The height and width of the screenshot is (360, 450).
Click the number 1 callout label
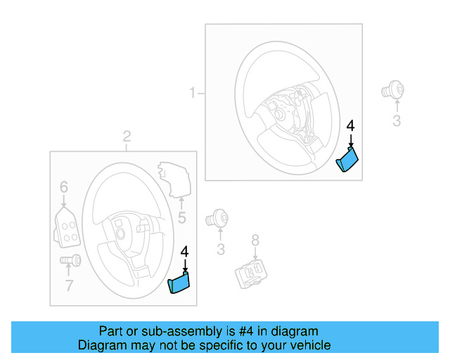point(192,93)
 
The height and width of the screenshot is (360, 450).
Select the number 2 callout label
point(127,136)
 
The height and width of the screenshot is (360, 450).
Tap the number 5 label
point(181,219)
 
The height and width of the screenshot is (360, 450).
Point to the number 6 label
point(63,187)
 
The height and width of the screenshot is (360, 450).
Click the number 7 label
point(69,285)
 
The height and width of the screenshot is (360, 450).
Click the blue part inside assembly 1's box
point(347,161)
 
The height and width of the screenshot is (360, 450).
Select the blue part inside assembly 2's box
point(180,283)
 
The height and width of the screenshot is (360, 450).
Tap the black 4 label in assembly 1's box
point(351,126)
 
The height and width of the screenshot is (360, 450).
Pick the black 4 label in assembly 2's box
point(185,251)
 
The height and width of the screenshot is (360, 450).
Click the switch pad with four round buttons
point(66,228)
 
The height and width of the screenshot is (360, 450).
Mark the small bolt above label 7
point(71,261)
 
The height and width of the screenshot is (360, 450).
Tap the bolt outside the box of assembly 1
point(392,90)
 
